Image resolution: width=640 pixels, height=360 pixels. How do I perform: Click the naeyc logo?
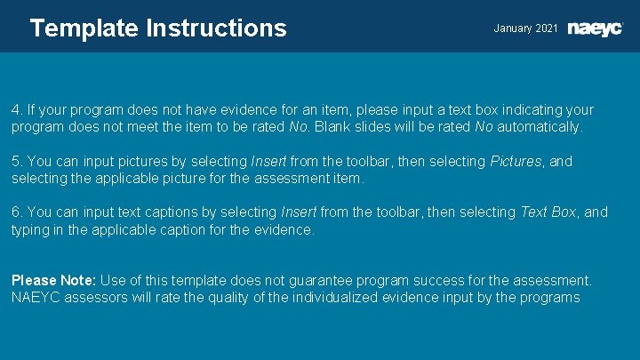tap(596, 28)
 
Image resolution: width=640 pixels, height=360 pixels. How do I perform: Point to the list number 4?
tap(16, 110)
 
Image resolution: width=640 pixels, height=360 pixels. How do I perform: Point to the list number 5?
tap(16, 162)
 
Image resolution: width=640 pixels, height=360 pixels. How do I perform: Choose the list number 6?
tap(16, 212)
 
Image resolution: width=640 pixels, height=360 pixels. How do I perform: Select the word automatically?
tap(540, 127)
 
